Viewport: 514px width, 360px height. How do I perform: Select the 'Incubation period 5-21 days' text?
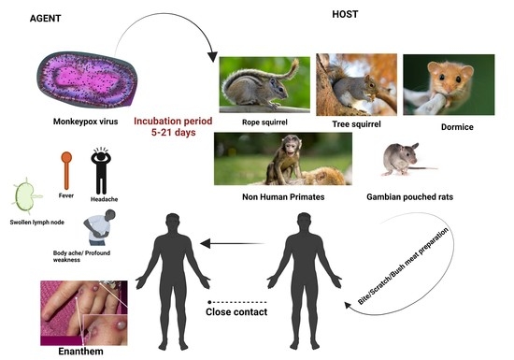pyautogui.click(x=172, y=128)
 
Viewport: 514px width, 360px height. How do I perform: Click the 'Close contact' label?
pyautogui.click(x=236, y=311)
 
